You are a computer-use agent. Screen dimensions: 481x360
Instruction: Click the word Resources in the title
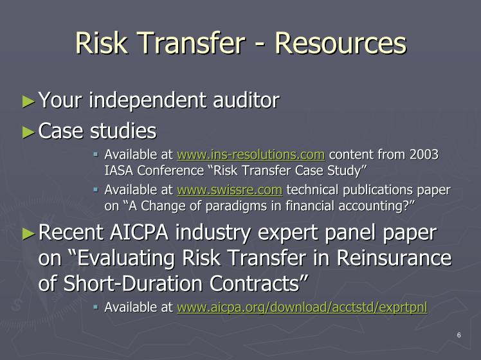click(341, 43)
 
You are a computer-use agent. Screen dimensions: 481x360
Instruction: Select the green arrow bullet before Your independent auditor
click(28, 101)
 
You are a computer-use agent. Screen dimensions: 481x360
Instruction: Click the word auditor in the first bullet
click(246, 100)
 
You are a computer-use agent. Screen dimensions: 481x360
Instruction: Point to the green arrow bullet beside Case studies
click(28, 132)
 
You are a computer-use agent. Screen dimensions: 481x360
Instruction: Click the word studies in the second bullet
click(123, 130)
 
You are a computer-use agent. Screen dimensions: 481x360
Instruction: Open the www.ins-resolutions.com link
click(251, 154)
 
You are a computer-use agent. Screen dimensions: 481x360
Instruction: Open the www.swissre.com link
click(230, 190)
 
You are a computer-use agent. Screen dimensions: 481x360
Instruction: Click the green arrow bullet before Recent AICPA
click(28, 233)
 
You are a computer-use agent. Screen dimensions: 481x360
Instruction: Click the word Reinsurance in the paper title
click(394, 258)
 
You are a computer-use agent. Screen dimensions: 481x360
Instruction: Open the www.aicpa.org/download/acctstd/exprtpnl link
click(302, 307)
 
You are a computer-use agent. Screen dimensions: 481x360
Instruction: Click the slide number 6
click(459, 335)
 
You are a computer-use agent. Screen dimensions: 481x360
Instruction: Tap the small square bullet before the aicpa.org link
click(96, 307)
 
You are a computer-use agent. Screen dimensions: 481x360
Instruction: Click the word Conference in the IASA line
click(170, 170)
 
